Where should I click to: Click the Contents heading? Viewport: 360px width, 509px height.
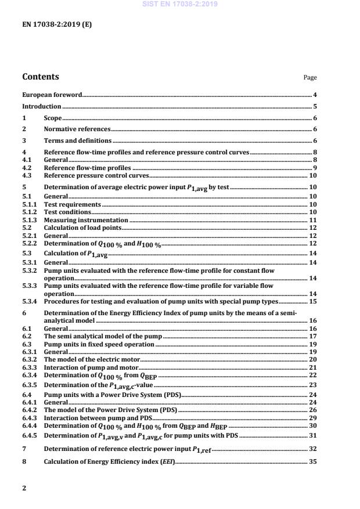click(x=40, y=77)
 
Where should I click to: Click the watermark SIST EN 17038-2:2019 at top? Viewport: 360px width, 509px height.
click(x=180, y=4)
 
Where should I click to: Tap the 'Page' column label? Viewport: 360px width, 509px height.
click(x=310, y=78)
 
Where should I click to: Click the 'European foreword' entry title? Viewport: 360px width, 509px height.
click(x=52, y=95)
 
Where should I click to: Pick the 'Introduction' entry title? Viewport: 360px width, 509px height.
click(x=41, y=106)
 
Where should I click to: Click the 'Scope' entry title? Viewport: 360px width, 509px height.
click(x=53, y=118)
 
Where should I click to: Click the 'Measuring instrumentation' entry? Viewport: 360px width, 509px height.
click(x=86, y=221)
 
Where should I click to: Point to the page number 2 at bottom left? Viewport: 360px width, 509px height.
click(x=24, y=488)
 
